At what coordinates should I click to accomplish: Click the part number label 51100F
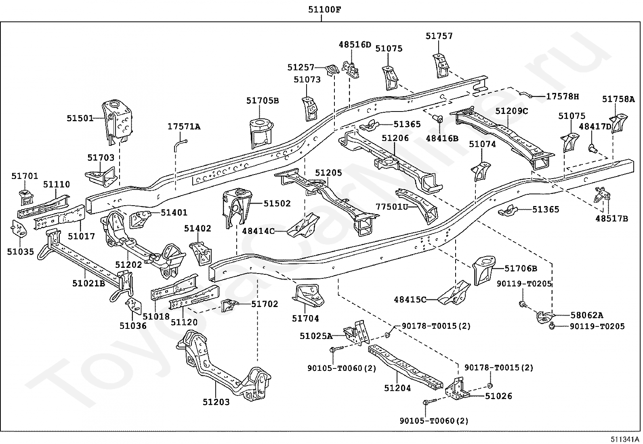325,10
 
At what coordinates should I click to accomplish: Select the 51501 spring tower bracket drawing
118,122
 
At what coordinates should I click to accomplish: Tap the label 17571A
184,126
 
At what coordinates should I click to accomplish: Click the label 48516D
355,44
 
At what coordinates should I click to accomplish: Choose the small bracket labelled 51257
332,70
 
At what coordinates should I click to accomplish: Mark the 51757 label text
439,36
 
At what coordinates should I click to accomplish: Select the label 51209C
512,111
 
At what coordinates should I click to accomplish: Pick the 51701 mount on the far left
26,198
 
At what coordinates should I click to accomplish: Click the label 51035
20,252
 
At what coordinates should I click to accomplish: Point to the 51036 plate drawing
134,305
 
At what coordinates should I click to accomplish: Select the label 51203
216,402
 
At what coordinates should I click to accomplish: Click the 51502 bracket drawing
237,207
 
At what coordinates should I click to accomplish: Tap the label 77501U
392,206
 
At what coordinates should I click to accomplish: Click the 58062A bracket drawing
544,317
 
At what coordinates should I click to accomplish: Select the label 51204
397,388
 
